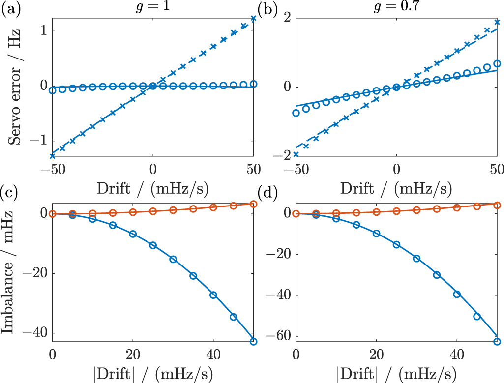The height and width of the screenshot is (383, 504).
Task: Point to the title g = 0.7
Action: point(396,7)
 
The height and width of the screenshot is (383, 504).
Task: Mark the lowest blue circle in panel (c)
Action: point(254,341)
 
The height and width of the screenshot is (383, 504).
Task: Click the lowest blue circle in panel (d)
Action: point(497,341)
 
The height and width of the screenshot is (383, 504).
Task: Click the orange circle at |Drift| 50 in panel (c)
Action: point(254,204)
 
